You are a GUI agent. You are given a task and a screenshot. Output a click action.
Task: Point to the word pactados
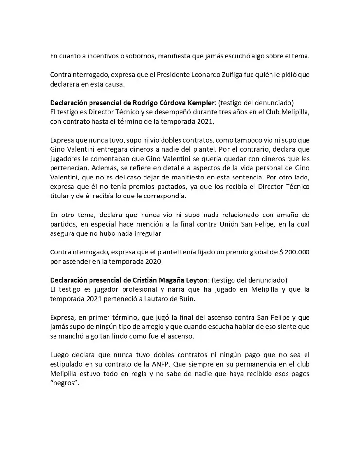click(x=156, y=187)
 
